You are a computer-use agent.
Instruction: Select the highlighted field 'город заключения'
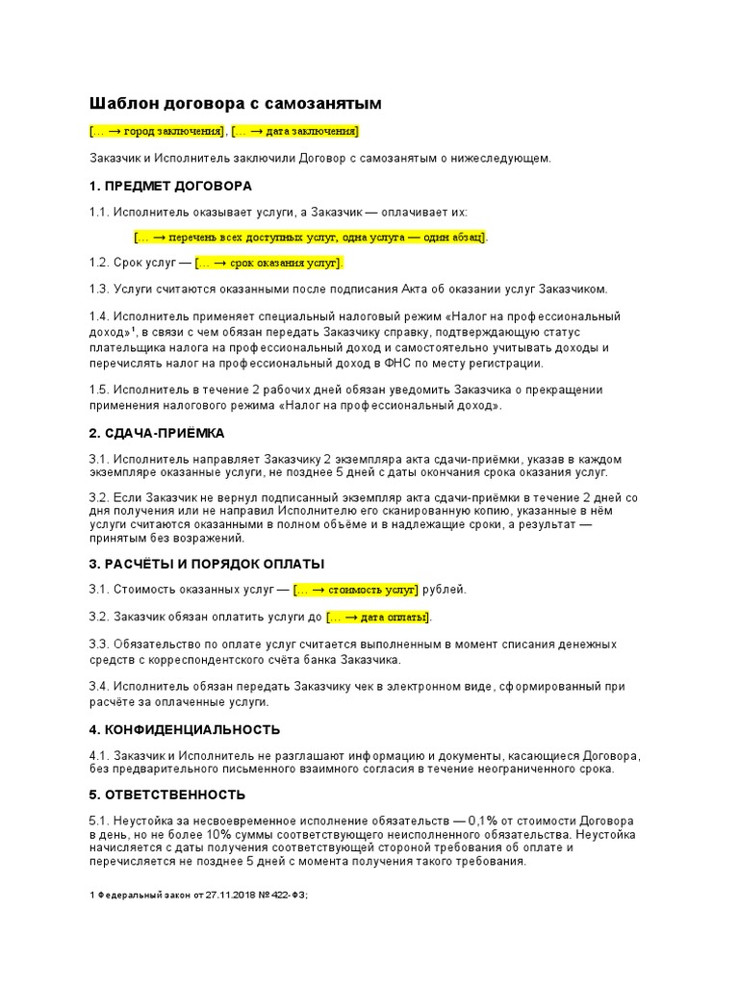pos(157,131)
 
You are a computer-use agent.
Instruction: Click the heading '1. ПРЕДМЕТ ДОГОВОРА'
pos(170,186)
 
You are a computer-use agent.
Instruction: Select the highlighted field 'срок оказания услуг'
pos(268,263)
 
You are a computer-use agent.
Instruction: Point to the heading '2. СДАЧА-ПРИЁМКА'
pos(156,433)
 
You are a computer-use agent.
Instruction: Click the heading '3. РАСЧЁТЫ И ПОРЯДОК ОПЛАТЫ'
pos(207,563)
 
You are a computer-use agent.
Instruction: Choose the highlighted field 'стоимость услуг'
pos(356,590)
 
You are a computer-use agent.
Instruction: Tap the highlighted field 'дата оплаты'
pos(378,617)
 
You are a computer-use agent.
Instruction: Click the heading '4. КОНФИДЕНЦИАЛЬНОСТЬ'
pos(185,729)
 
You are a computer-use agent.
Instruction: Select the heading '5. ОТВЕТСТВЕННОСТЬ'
pos(167,795)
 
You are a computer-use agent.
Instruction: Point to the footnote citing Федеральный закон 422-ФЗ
pos(197,895)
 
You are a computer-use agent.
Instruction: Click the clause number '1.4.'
pos(99,316)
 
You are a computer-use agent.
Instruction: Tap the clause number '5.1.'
pos(99,820)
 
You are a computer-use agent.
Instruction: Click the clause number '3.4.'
pos(99,687)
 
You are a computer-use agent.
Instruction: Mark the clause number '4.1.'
pos(99,755)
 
